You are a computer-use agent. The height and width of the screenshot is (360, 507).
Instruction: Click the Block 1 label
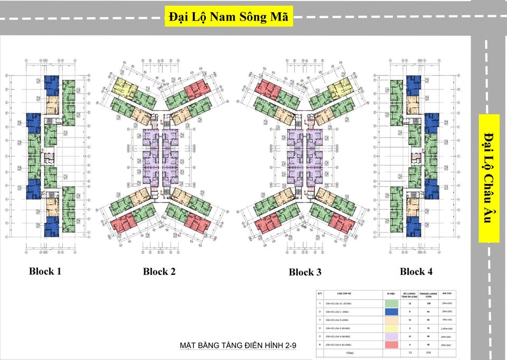tap(45, 271)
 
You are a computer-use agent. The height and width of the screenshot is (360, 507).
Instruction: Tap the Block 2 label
tap(159, 272)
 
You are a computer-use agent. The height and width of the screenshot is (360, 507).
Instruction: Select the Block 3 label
tap(305, 272)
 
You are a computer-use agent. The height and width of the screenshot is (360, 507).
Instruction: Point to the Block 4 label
tap(416, 272)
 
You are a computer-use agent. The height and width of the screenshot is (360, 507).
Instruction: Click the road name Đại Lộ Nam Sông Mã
tap(229, 16)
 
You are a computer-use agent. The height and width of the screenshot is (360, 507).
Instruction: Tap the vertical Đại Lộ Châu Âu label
tap(489, 178)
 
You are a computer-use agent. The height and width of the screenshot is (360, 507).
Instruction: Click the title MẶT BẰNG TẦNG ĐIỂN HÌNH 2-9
tap(238, 346)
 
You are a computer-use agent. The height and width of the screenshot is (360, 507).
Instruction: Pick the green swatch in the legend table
tap(391, 303)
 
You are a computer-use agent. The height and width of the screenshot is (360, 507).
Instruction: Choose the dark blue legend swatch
tap(391, 311)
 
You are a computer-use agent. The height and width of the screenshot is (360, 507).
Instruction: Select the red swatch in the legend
tap(391, 345)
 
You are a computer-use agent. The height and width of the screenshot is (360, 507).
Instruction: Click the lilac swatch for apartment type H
tap(391, 336)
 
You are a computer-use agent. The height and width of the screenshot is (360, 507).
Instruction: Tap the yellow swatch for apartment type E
tap(391, 328)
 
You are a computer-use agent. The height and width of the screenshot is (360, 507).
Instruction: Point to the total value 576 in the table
tap(428, 352)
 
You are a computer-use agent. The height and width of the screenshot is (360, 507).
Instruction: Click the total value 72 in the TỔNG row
tap(410, 352)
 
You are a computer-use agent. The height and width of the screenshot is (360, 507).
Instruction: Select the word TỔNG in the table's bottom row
tap(350, 352)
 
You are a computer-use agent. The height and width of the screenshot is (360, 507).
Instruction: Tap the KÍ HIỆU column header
tap(391, 293)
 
